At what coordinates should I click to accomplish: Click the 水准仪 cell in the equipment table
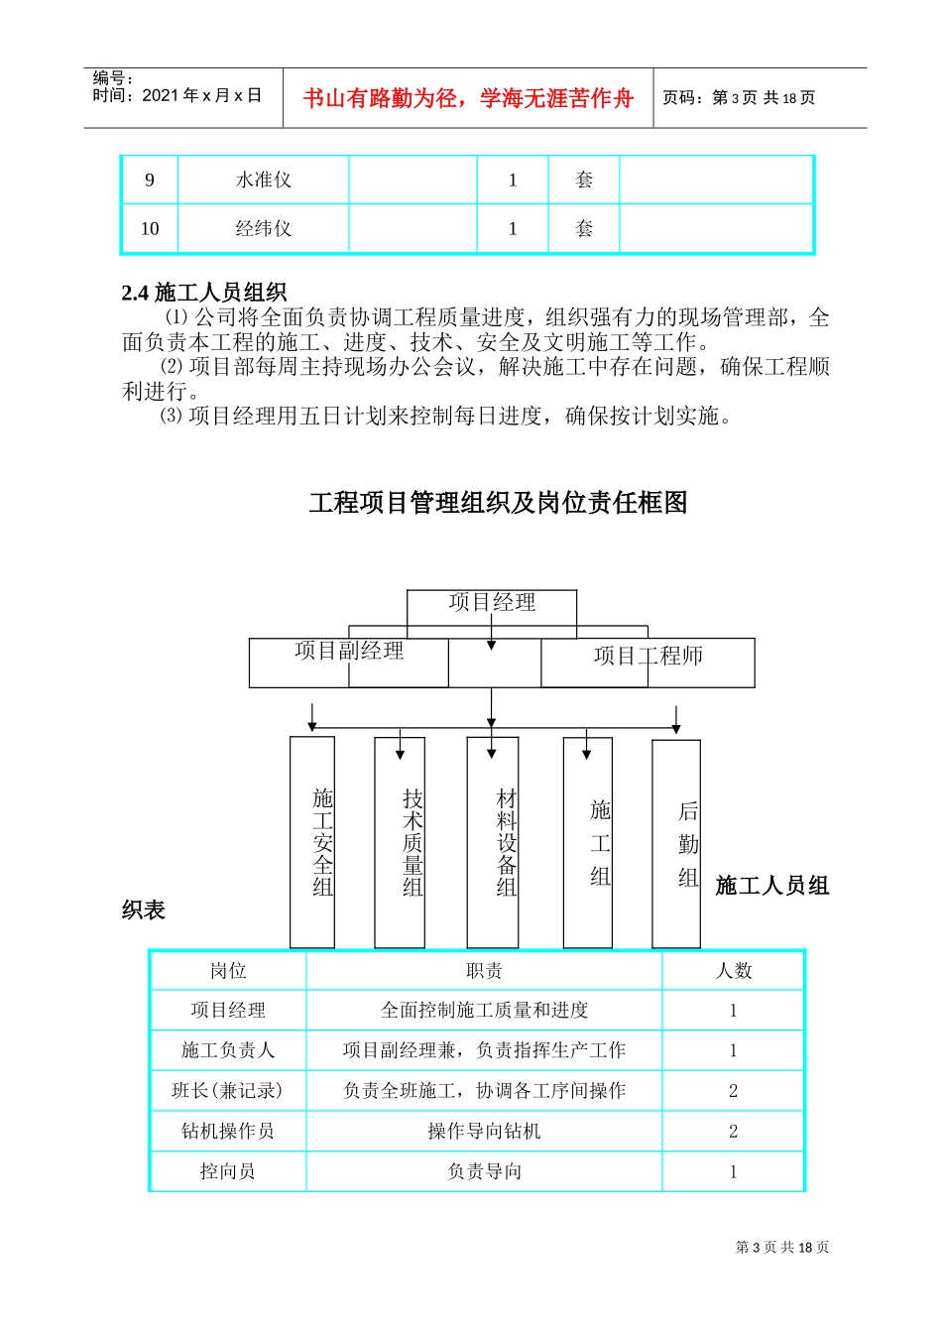(x=264, y=181)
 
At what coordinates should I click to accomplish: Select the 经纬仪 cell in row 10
(x=264, y=229)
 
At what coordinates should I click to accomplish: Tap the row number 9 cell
(x=150, y=181)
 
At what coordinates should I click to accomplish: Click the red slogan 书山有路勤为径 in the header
(x=468, y=98)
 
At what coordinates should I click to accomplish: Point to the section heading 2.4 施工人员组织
(x=204, y=293)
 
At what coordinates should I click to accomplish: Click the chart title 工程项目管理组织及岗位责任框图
(x=498, y=503)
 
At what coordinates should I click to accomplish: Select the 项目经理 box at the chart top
(x=492, y=603)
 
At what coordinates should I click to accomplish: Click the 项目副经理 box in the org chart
(x=349, y=652)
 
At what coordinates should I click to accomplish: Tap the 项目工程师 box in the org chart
(x=648, y=657)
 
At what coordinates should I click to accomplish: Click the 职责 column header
(x=484, y=971)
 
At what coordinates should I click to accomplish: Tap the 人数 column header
(x=734, y=971)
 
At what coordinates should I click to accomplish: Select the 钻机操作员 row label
(x=228, y=1132)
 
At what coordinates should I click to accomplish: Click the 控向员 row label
(x=228, y=1172)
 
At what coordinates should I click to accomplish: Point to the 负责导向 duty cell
(x=484, y=1172)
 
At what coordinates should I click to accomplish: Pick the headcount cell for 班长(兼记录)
(x=734, y=1091)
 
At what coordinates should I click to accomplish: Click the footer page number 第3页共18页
(x=782, y=1248)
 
